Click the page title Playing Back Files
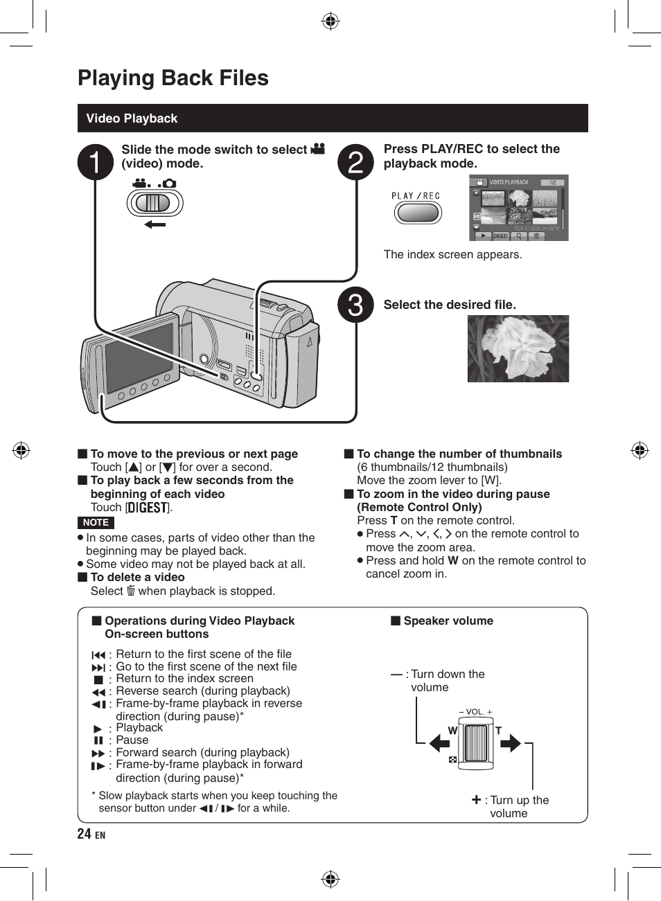click(x=173, y=78)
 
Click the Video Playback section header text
click(x=132, y=118)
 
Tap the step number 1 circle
click(x=95, y=163)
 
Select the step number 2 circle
click(x=355, y=163)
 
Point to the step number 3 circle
click(x=355, y=305)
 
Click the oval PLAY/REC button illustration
click(x=418, y=212)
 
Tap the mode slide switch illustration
click(x=154, y=203)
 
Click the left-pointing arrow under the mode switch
click(x=155, y=224)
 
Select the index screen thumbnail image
click(x=519, y=208)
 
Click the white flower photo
click(x=518, y=348)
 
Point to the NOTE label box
click(x=96, y=523)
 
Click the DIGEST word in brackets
click(x=148, y=508)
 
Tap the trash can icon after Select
click(x=130, y=591)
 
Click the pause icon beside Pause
click(x=98, y=740)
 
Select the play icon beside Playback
click(x=98, y=729)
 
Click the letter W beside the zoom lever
click(x=452, y=731)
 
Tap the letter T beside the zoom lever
click(x=498, y=731)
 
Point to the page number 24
click(x=84, y=834)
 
